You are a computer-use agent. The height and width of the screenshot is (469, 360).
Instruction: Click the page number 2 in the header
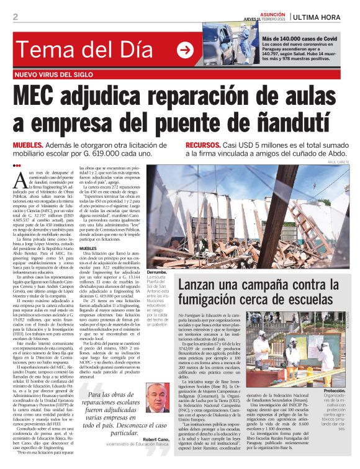coord(15,17)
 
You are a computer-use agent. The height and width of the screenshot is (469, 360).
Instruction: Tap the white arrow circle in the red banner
coord(185,51)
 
